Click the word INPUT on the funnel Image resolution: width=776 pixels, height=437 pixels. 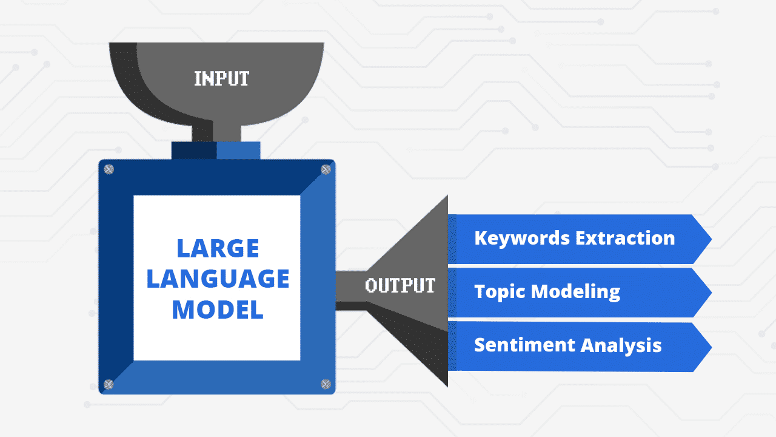[x=221, y=78]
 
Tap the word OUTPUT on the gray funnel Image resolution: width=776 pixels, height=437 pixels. [x=400, y=285]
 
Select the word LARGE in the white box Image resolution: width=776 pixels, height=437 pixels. [x=218, y=248]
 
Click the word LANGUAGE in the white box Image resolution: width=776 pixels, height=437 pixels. [x=218, y=279]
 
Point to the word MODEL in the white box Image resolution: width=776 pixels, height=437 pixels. [x=218, y=310]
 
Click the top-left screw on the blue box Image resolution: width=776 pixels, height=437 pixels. [x=109, y=169]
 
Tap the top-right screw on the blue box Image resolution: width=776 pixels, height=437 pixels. [x=326, y=169]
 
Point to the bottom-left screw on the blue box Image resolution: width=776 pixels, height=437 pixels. [x=109, y=384]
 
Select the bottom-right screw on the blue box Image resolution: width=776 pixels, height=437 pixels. [x=326, y=384]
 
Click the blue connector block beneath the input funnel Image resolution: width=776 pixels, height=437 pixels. [x=216, y=151]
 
